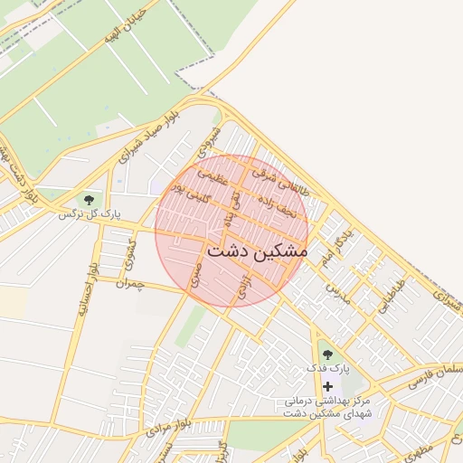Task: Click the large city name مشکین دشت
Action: [257, 251]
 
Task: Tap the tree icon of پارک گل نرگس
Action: [89, 199]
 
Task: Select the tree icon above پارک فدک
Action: [326, 354]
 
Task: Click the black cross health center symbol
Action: [326, 386]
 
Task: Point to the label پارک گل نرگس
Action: [90, 214]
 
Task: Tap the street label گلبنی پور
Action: [191, 194]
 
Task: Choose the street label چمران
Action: [130, 284]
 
